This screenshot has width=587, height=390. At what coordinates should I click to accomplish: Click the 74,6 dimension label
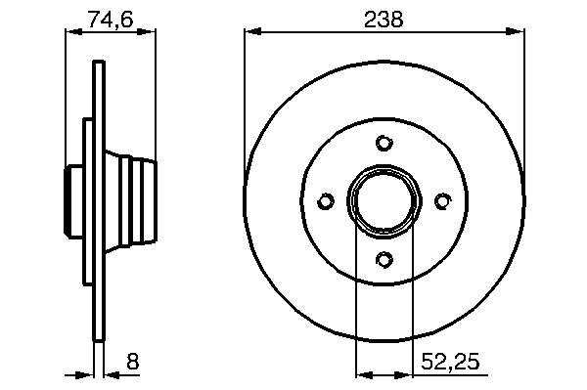[x=110, y=20]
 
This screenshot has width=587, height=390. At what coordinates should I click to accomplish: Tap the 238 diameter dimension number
[x=384, y=20]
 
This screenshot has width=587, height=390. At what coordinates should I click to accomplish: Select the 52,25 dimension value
[x=450, y=362]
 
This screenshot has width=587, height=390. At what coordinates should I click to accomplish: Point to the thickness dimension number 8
[x=132, y=362]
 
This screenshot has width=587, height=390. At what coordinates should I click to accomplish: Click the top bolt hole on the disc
[x=384, y=143]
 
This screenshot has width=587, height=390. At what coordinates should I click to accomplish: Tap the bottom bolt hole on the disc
[x=384, y=259]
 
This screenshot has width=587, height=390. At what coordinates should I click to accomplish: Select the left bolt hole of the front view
[x=326, y=201]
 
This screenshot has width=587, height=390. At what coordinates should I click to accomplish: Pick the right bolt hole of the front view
[x=442, y=201]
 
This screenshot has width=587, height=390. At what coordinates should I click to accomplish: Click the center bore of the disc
[x=384, y=201]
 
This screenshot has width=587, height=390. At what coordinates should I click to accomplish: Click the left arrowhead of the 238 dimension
[x=252, y=32]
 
